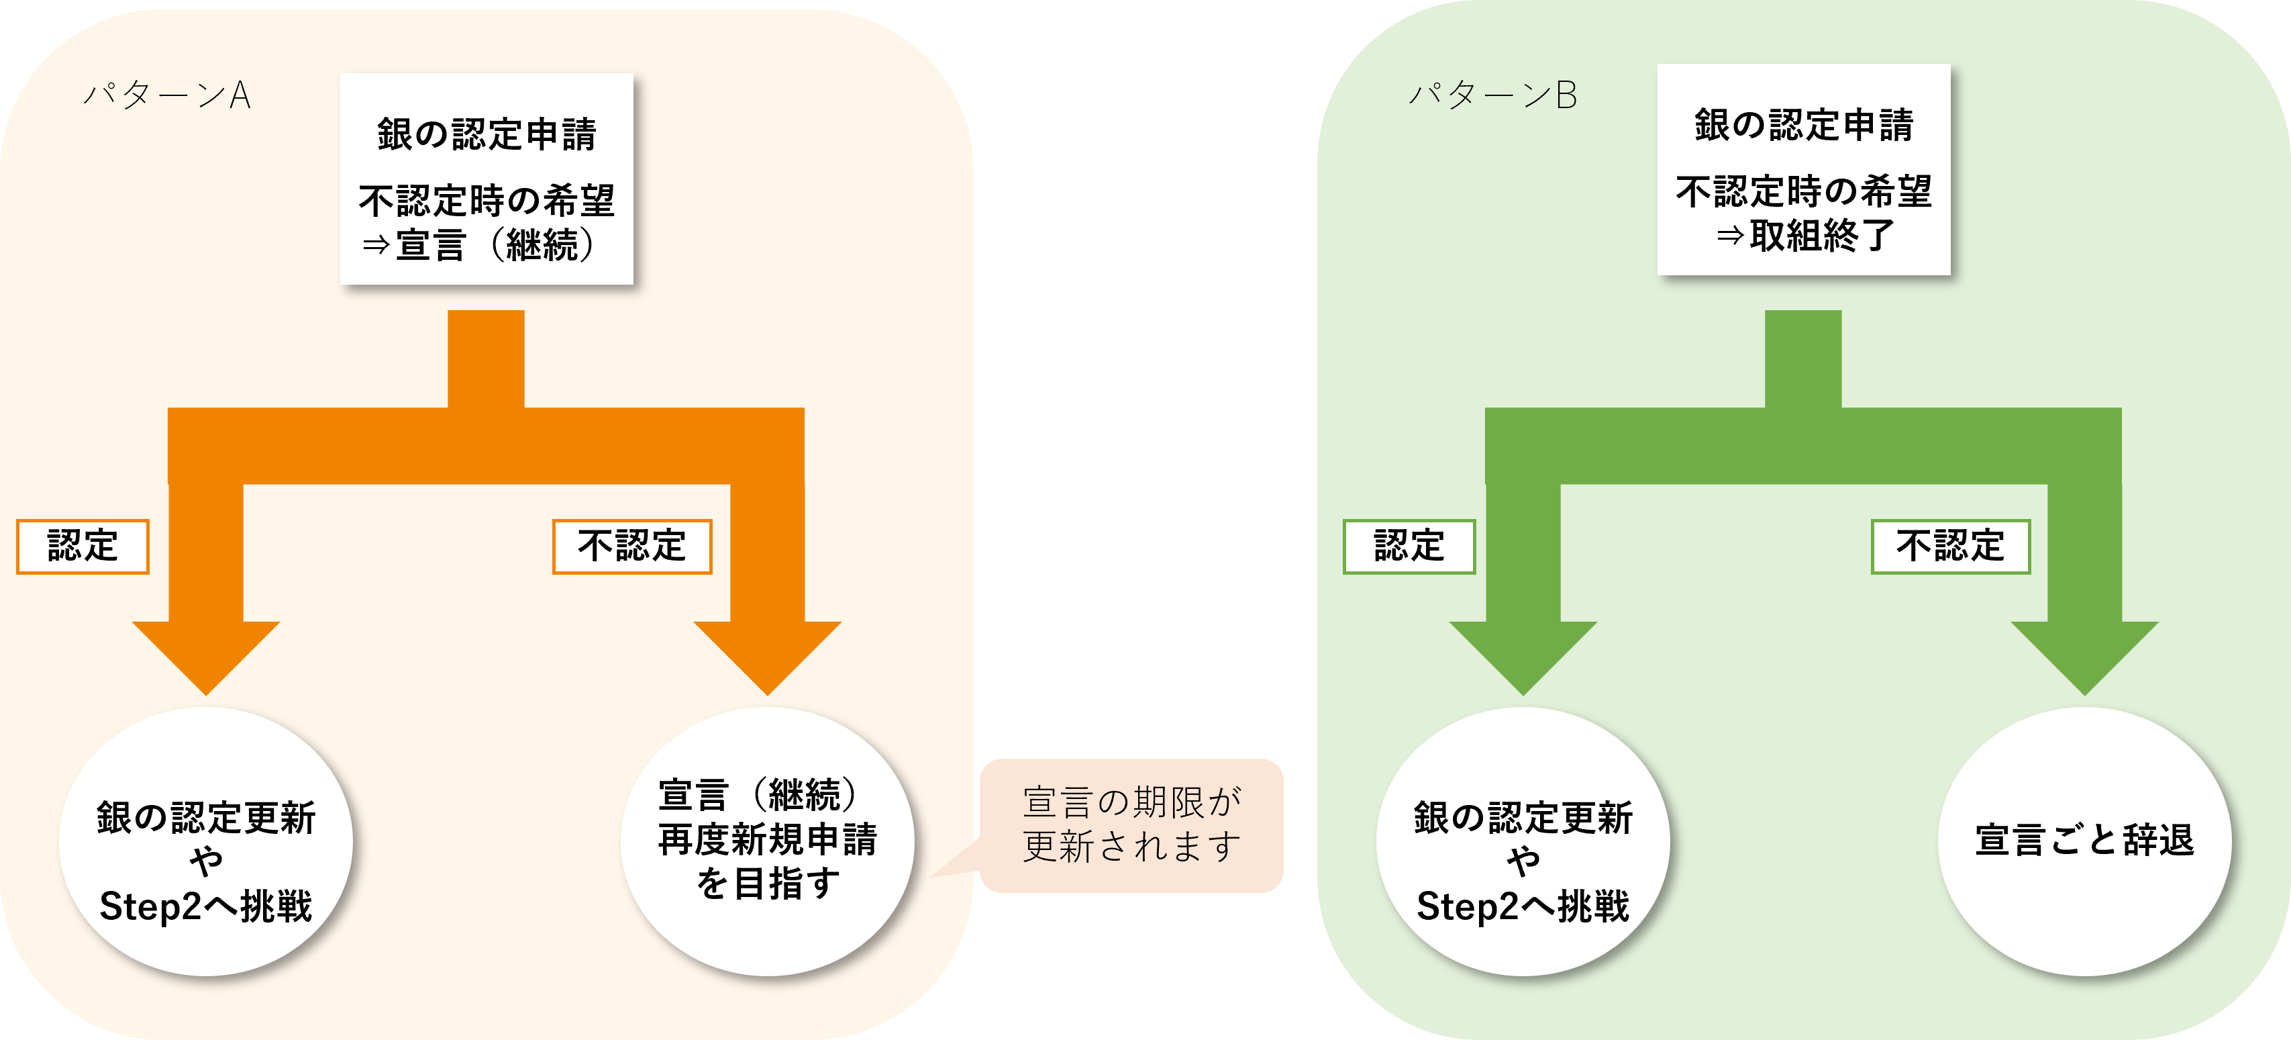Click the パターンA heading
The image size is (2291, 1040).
click(x=167, y=95)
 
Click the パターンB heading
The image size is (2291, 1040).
click(x=1493, y=95)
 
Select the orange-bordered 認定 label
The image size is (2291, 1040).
click(x=83, y=547)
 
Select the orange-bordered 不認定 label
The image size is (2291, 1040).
click(x=631, y=547)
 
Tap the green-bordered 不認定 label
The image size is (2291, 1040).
click(x=1950, y=547)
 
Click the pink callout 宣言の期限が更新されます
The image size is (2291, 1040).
click(x=1131, y=824)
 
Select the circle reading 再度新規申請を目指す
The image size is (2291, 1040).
click(x=768, y=841)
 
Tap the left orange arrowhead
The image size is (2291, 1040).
click(x=206, y=654)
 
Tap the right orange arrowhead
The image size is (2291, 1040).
click(x=768, y=654)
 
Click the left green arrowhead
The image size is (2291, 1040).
click(x=1523, y=654)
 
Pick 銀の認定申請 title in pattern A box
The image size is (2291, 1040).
click(x=487, y=134)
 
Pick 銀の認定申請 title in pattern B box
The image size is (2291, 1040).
click(x=1804, y=126)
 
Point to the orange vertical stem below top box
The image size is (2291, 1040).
click(x=486, y=358)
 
